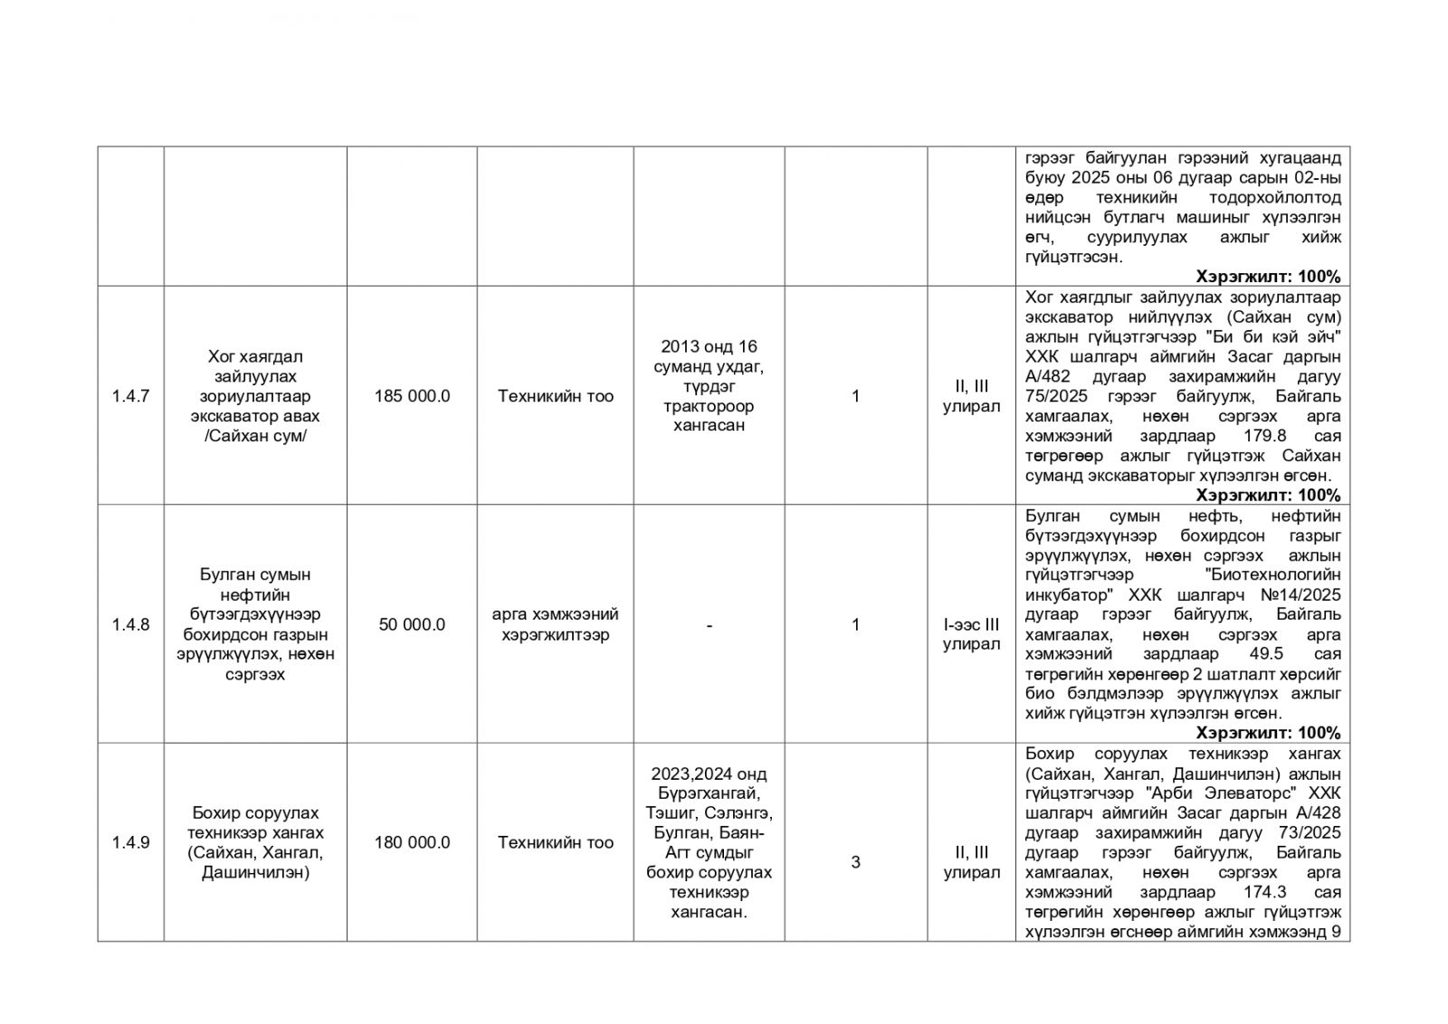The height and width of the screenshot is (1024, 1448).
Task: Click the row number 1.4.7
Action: (130, 396)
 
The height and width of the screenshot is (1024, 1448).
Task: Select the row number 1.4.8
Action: (130, 625)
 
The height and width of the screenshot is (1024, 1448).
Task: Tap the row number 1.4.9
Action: (130, 843)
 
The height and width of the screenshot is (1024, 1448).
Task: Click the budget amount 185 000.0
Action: (412, 396)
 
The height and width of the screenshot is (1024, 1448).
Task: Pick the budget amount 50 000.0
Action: (412, 625)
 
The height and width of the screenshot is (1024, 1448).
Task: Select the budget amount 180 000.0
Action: (412, 843)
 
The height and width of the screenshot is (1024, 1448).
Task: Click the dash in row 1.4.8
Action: (709, 625)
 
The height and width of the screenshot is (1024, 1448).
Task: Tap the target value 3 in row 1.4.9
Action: (855, 862)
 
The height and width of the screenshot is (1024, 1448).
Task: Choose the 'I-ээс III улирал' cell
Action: (971, 634)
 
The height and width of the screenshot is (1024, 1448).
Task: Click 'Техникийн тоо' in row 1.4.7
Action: (556, 396)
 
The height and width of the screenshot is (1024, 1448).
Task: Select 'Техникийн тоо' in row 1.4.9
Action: (556, 843)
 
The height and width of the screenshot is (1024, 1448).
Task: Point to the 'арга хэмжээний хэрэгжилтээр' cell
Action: (556, 625)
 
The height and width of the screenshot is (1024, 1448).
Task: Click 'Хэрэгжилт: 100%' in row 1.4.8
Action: (1268, 733)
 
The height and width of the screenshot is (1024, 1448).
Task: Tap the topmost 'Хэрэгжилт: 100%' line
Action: (1268, 277)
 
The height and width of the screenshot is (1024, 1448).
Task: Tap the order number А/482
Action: (1049, 376)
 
